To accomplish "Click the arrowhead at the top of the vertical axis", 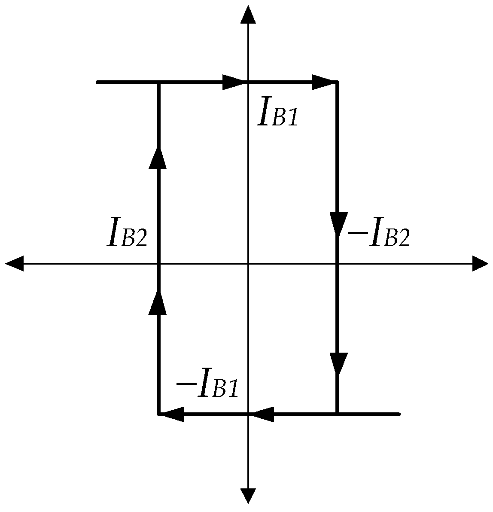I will click(248, 15).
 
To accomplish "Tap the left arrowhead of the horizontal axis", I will click(15, 263).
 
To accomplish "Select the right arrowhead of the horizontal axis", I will click(480, 263).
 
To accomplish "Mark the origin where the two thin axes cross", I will click(248, 263).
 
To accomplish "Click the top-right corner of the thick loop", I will click(337, 82).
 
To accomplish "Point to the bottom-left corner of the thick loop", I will click(159, 414).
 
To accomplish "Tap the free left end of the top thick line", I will click(98, 82).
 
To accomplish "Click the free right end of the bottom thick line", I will click(399, 414).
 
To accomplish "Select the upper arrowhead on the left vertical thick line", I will click(159, 157).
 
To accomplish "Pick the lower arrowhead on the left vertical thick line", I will click(159, 302).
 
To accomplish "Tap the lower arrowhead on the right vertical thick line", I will click(337, 364).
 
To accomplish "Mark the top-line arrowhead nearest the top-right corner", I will click(323, 82).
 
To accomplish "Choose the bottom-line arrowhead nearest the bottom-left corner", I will click(173, 414).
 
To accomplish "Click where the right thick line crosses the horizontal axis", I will click(337, 263).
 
